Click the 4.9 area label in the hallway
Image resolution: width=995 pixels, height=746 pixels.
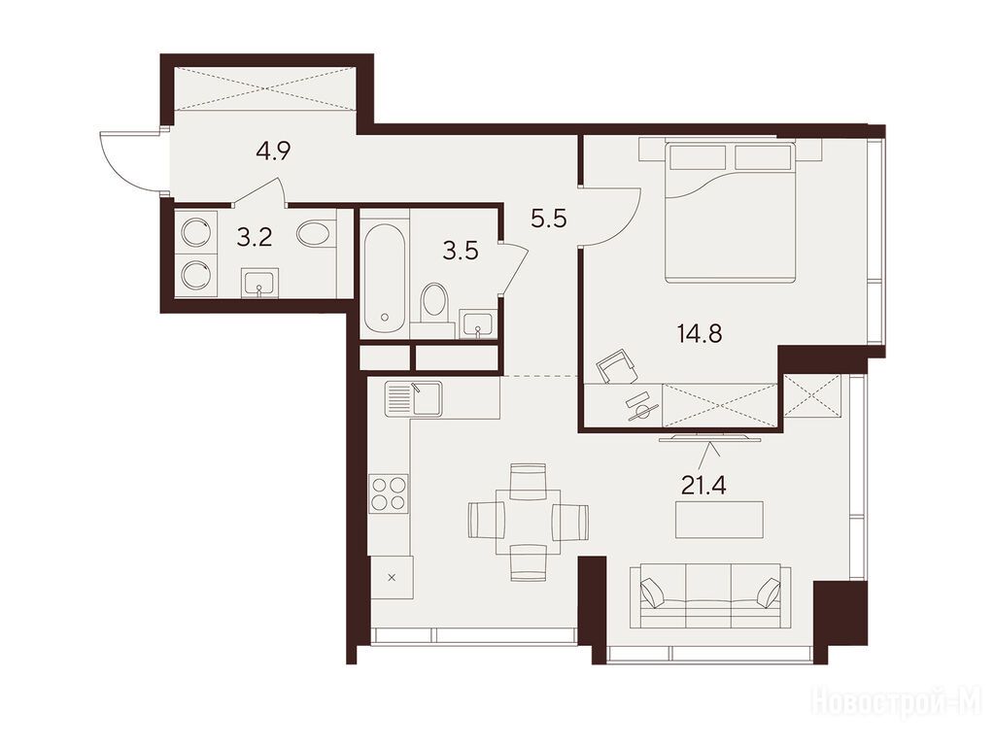click(x=273, y=152)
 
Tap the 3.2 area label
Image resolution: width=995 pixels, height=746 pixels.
click(x=255, y=238)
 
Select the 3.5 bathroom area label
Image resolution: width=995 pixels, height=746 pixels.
click(x=460, y=252)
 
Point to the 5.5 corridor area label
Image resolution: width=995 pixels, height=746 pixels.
click(x=549, y=219)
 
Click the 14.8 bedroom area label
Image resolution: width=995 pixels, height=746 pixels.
click(x=700, y=333)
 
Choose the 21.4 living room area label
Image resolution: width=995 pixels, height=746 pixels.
click(x=703, y=486)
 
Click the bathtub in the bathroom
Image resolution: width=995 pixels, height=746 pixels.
click(x=383, y=278)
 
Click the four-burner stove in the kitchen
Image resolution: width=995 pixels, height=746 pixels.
click(x=389, y=493)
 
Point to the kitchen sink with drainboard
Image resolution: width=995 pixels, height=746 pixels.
click(x=413, y=398)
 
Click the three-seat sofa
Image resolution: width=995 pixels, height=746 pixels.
click(x=710, y=597)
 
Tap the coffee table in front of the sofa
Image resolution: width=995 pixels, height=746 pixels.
click(x=720, y=520)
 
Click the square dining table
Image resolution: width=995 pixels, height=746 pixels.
click(x=529, y=522)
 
